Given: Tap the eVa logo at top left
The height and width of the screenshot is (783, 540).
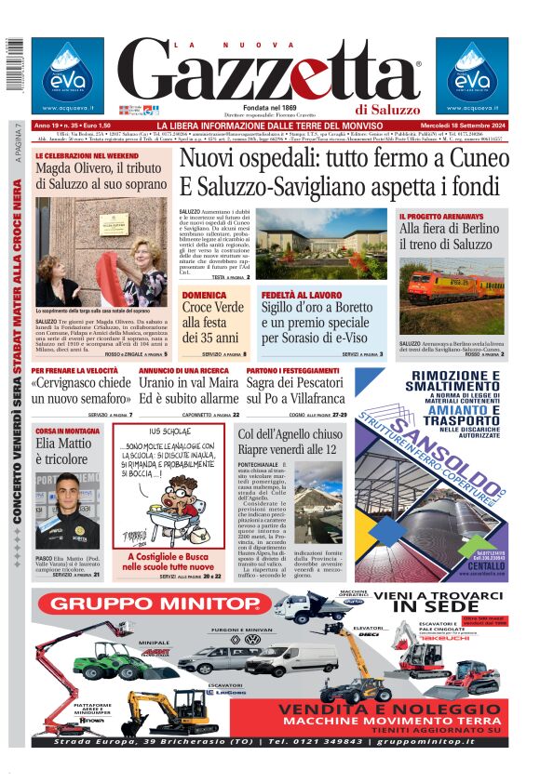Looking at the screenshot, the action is click(x=67, y=74).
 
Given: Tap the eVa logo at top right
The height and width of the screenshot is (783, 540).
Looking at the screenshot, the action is click(x=472, y=74).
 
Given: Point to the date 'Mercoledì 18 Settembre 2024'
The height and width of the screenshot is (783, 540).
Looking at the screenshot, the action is click(x=460, y=126).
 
